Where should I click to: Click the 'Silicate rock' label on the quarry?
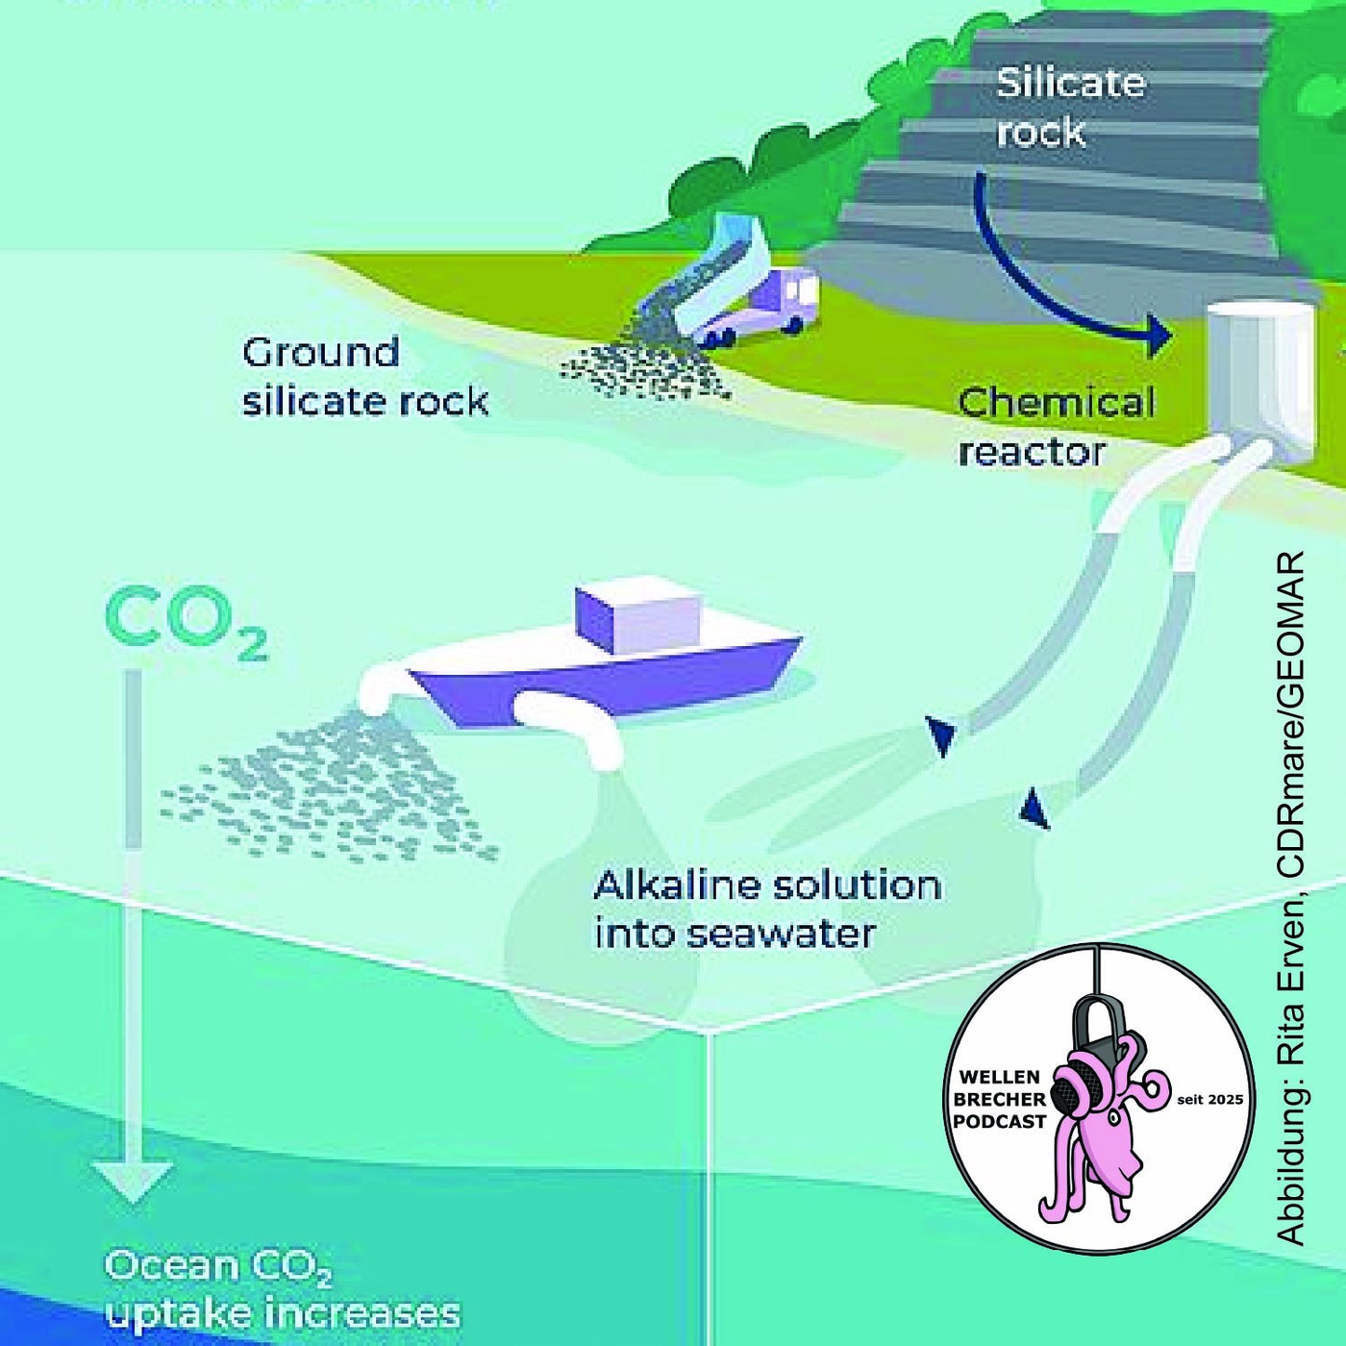coord(1069,107)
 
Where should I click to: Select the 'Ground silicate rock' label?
coord(364,377)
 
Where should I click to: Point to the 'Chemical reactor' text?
coord(1056,427)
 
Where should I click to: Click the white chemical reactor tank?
coord(1259,375)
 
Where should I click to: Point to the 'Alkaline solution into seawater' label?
coord(765,909)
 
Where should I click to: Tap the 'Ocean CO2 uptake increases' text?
coord(281,1289)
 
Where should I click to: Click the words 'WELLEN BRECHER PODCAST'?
coord(1000,1099)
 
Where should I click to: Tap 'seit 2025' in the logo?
coord(1209,1099)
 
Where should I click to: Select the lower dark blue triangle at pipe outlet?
coord(1034,809)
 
